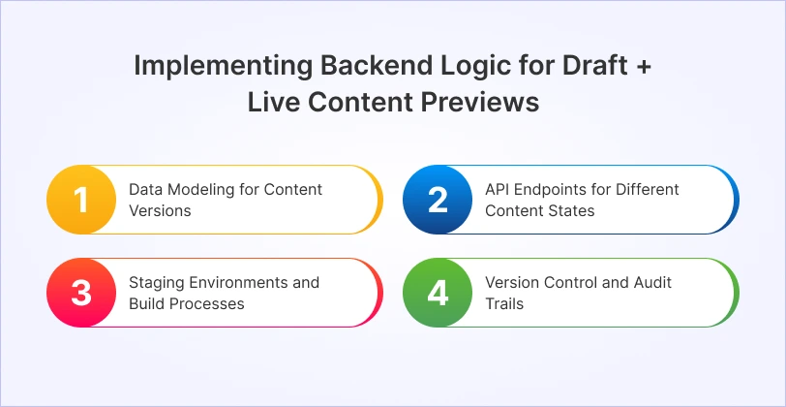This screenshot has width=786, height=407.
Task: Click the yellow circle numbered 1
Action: [x=81, y=199]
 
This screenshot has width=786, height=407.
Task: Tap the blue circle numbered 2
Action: [x=438, y=199]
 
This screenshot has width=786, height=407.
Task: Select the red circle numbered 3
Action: [x=81, y=293]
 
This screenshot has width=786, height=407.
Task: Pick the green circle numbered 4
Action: [x=438, y=293]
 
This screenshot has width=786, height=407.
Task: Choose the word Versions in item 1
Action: [x=160, y=209]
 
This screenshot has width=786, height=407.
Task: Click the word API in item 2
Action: [x=498, y=189]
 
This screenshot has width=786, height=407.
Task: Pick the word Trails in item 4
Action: [x=503, y=303]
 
